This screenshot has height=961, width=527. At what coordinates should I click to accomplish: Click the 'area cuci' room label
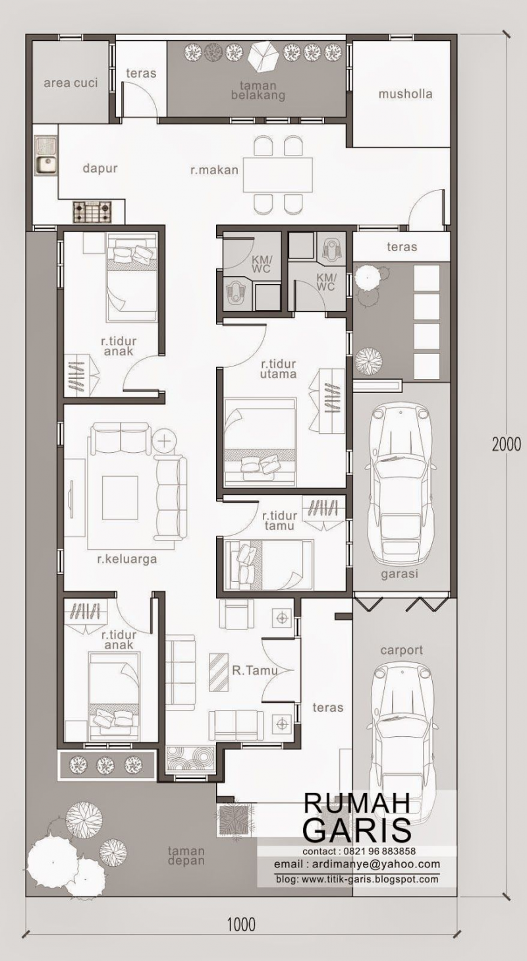(x=70, y=82)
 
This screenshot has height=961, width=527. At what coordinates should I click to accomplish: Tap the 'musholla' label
(x=405, y=94)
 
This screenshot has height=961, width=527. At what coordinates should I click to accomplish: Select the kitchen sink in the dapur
(x=45, y=156)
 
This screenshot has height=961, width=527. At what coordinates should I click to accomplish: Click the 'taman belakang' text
(x=258, y=90)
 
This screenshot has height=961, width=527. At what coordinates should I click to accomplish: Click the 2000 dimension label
(x=506, y=444)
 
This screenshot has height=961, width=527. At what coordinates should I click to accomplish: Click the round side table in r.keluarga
(x=165, y=439)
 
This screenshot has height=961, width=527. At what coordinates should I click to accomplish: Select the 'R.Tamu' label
(x=253, y=670)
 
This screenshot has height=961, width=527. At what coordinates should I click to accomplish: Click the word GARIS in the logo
(x=356, y=829)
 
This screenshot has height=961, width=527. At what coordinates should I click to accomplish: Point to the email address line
(x=356, y=864)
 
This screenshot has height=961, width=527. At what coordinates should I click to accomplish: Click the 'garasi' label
(x=400, y=574)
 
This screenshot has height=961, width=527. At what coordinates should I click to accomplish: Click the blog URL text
(x=356, y=879)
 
